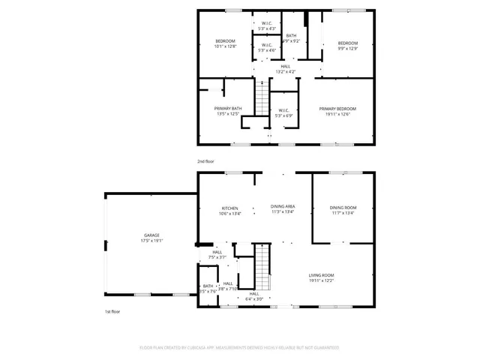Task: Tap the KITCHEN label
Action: pos(229,208)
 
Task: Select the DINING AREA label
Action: pos(283,206)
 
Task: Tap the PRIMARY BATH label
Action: pos(228,109)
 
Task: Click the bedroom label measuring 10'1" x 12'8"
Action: pos(225,40)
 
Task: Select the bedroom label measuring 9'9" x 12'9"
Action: pos(347,43)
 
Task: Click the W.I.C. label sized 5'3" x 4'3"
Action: pos(266,23)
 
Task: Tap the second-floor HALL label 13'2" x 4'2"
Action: pos(286,66)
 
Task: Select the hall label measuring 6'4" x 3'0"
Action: pos(253,293)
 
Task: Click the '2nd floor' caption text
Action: pos(205,161)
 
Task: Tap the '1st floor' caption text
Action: pos(112,311)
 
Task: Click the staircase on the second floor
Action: pos(261,97)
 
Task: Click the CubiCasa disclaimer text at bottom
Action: pos(239,348)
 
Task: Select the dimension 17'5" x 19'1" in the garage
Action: pos(152,241)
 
